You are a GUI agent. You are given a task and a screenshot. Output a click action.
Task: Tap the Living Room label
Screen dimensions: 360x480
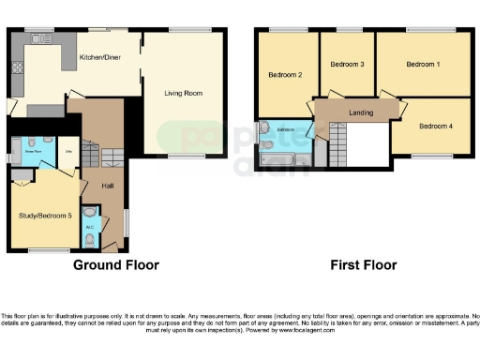click(183, 94)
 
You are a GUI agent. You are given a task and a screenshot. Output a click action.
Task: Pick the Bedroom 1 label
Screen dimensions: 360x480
click(424, 65)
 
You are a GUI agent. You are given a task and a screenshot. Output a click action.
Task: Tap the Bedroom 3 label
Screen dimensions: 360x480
click(347, 65)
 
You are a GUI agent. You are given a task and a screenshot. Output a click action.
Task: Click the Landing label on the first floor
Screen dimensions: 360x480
click(360, 112)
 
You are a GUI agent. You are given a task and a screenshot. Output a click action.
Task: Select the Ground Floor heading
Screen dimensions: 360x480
click(116, 265)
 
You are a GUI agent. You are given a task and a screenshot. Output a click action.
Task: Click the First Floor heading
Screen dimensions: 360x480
click(363, 265)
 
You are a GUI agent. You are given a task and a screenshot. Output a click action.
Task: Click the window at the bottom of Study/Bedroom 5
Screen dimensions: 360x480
click(41, 250)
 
